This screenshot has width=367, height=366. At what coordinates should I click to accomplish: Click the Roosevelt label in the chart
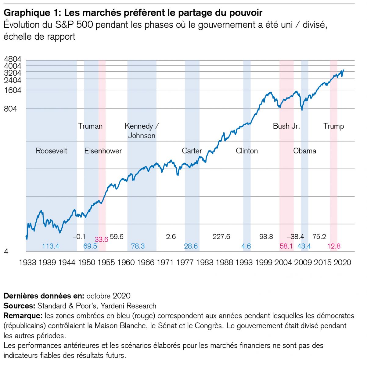(x=52, y=151)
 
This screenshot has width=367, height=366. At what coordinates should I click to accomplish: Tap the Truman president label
(x=90, y=126)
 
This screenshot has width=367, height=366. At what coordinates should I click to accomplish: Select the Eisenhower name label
(x=103, y=151)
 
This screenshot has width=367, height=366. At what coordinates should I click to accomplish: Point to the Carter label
(x=192, y=151)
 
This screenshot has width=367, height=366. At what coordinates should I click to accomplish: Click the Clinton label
(x=247, y=151)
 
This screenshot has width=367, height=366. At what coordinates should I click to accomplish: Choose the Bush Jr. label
(x=286, y=126)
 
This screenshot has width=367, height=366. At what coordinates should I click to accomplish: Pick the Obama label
(x=305, y=151)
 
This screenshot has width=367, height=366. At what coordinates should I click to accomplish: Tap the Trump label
(x=334, y=126)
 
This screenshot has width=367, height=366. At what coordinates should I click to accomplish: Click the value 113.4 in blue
(x=51, y=246)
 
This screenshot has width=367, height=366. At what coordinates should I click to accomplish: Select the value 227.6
(x=221, y=237)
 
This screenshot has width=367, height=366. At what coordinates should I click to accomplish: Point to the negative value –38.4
(x=295, y=237)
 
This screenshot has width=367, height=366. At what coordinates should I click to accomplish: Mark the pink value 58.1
(x=286, y=246)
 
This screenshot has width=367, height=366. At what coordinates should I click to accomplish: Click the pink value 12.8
(x=334, y=246)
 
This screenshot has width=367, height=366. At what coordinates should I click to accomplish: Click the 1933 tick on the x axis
(x=27, y=263)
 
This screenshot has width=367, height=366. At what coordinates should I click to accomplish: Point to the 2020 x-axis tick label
(x=342, y=263)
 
